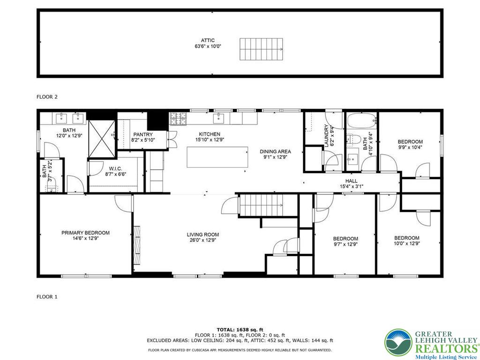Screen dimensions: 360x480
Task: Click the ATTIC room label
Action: [208, 40]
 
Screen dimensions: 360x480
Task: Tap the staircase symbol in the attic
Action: [262, 47]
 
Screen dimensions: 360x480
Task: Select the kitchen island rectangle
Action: [217, 157]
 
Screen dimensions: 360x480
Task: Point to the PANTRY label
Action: [143, 135]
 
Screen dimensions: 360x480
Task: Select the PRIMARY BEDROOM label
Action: [85, 232]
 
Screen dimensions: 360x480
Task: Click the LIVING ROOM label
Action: [203, 235]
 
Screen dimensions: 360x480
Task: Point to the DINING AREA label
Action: [276, 151]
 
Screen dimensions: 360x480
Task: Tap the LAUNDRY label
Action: [326, 136]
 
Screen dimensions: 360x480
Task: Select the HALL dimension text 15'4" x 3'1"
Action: [351, 187]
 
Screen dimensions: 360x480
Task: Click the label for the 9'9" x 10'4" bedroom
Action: [410, 142]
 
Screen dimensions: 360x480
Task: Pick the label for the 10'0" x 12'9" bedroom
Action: [406, 238]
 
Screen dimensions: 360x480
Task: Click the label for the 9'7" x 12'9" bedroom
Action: [345, 239]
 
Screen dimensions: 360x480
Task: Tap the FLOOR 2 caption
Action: [47, 97]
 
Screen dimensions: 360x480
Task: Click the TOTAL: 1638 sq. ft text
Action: [240, 330]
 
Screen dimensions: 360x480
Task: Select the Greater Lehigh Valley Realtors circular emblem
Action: [398, 343]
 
